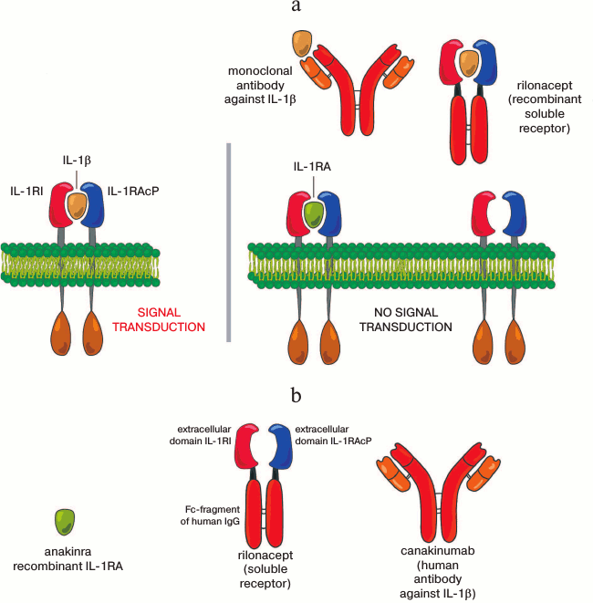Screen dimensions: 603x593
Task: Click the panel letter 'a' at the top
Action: point(296,8)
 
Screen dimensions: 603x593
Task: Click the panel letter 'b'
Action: point(296,398)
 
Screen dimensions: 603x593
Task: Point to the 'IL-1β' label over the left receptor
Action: point(78,161)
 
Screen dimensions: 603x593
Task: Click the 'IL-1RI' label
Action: point(30,192)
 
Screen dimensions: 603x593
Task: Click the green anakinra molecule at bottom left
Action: point(65,522)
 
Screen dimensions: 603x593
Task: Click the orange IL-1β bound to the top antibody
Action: point(302,43)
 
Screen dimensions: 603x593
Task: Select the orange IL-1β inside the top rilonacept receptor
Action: point(468,62)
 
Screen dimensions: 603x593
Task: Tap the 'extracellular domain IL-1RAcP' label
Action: point(337,435)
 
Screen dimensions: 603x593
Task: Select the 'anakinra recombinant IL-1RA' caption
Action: point(66,558)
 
